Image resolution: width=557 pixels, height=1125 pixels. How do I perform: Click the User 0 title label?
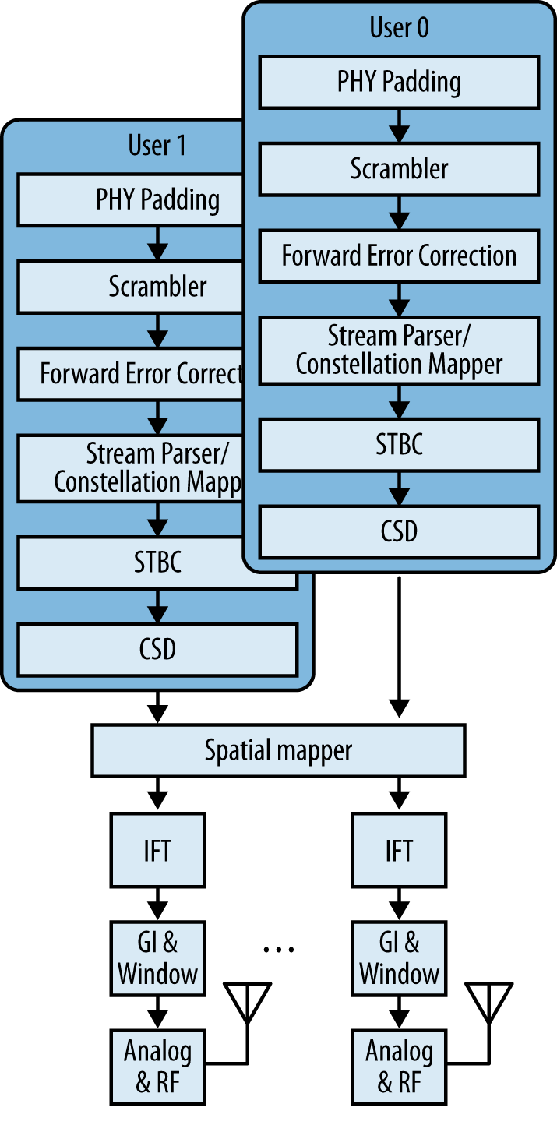(399, 29)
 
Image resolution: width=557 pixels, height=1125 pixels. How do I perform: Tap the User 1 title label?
(157, 146)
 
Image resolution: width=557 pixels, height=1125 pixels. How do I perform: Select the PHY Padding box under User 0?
(399, 82)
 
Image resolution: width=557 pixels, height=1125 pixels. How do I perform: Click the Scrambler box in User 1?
(157, 287)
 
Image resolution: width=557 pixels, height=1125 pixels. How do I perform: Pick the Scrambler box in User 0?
(399, 169)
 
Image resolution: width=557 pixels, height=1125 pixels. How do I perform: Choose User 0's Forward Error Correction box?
(399, 256)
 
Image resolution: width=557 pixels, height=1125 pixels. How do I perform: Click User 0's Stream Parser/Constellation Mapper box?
(399, 351)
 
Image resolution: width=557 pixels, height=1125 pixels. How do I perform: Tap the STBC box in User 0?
(399, 445)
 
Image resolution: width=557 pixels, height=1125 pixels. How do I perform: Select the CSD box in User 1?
(157, 649)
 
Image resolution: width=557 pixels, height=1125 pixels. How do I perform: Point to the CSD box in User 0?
(399, 531)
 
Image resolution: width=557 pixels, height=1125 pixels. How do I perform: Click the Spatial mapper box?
(278, 750)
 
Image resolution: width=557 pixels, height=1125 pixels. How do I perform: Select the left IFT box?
(157, 850)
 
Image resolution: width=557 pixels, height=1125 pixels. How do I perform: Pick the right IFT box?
(399, 850)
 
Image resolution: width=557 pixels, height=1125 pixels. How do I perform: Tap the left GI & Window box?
(157, 959)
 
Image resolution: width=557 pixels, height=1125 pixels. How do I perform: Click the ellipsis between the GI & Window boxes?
(278, 949)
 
